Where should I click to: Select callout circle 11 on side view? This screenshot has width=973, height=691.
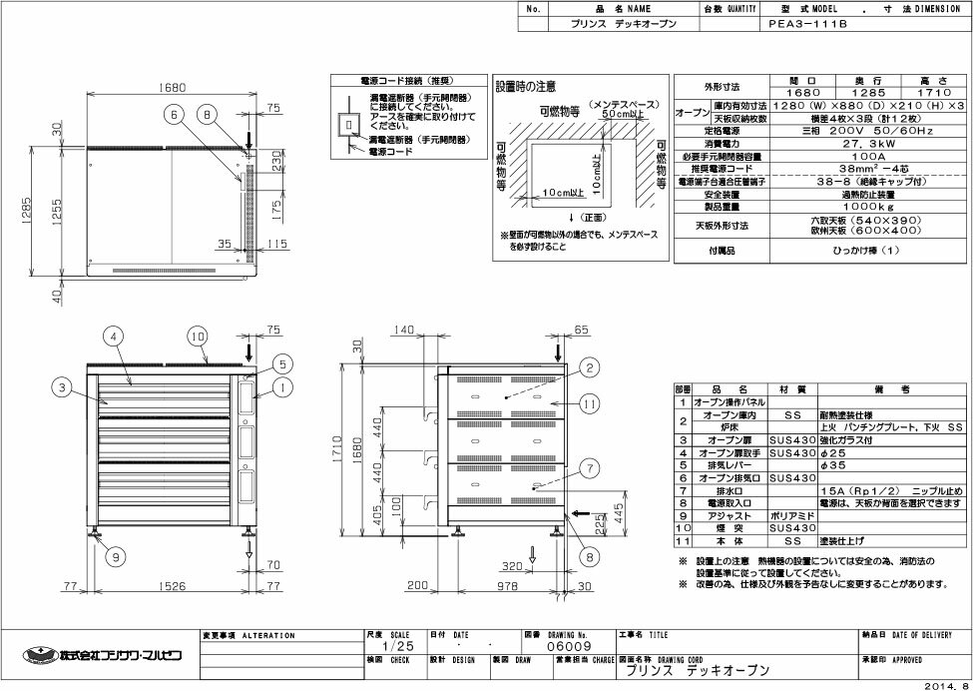[x=590, y=403]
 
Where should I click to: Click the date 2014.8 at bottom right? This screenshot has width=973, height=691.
[x=946, y=685]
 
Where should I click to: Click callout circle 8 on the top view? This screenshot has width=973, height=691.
[x=208, y=116]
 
